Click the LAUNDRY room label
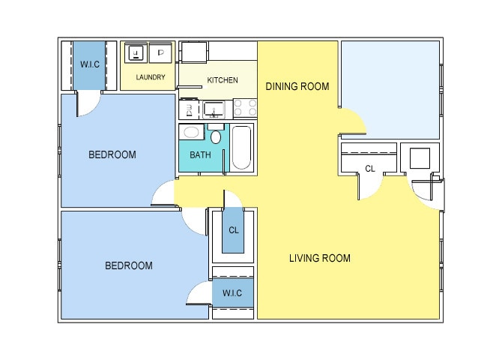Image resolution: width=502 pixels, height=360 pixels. [151, 77]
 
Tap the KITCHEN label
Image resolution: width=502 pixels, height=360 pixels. [223, 80]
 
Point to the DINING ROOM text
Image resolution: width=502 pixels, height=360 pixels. [297, 86]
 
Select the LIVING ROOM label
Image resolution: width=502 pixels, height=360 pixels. [320, 258]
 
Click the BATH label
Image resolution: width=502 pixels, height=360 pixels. [200, 155]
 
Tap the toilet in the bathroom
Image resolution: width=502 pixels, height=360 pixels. [216, 134]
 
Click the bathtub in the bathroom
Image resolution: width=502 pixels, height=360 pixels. [242, 148]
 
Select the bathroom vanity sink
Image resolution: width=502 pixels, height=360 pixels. [192, 132]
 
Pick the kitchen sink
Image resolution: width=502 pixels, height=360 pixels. [214, 109]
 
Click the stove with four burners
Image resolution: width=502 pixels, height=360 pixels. [245, 108]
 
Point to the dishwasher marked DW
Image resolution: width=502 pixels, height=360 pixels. [189, 110]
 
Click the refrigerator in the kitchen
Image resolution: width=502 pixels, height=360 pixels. [194, 51]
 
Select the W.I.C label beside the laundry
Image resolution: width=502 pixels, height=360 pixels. [90, 64]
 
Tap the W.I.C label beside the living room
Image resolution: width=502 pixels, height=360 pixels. [232, 293]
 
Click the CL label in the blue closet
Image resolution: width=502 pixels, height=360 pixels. [234, 230]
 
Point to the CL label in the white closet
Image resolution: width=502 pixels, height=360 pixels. [370, 169]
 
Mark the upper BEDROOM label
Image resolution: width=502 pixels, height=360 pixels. [112, 154]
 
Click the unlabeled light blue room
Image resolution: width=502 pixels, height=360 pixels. [390, 90]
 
